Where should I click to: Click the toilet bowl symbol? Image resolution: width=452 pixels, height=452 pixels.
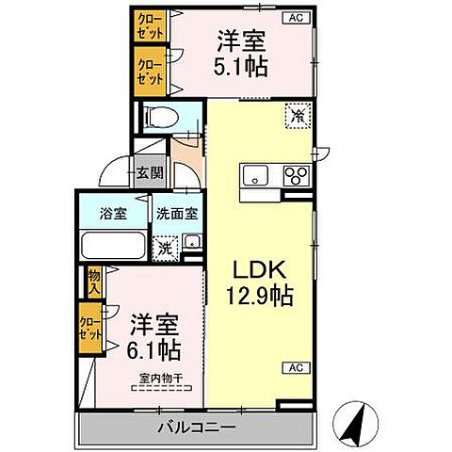point(161,118)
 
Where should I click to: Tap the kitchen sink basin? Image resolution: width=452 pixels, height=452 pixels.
point(255,175)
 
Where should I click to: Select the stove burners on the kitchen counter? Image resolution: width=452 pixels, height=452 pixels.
point(296,175)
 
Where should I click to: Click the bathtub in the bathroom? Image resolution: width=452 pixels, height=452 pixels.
point(112,248)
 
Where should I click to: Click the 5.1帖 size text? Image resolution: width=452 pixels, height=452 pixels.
point(241,68)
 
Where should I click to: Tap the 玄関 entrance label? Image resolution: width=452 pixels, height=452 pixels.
point(149,172)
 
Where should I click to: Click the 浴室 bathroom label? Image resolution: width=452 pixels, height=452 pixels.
point(113,214)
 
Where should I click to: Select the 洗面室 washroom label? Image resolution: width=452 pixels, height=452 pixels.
point(176,214)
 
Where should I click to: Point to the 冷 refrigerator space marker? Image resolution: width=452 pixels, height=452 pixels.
point(297,116)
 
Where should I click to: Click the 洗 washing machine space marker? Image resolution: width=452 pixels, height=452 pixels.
point(166,249)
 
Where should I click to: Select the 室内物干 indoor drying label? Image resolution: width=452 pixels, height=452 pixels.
point(161,379)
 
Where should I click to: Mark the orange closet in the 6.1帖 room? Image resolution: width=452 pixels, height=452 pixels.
point(92,330)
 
